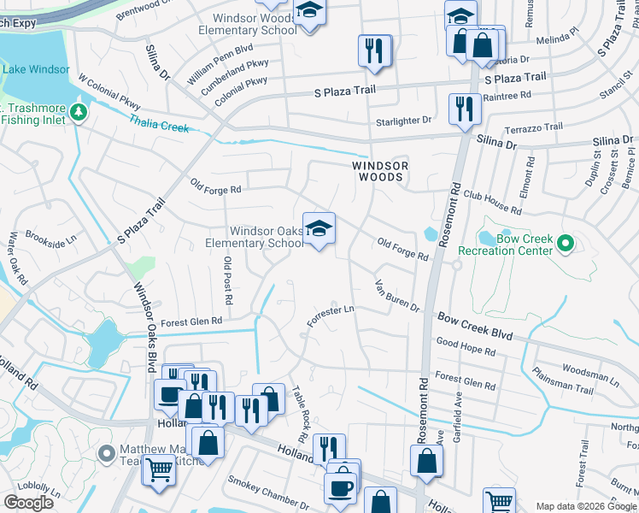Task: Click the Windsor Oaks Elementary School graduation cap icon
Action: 319,228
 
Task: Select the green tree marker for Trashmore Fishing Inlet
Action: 79,113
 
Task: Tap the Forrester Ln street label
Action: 331,315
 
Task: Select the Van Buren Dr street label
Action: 397,296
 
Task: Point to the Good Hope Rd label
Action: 466,346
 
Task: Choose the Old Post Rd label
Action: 228,280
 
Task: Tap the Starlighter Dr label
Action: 403,121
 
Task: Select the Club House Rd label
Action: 492,203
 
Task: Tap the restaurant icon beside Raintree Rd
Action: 463,109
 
